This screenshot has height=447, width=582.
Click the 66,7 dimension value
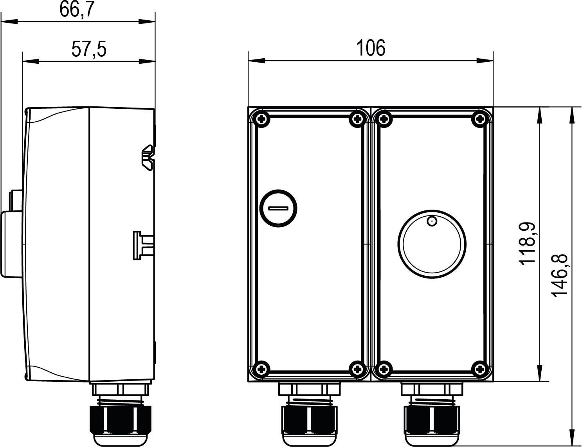(x=77, y=9)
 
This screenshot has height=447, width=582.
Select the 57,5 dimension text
(x=89, y=49)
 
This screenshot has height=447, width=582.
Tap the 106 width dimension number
(x=371, y=48)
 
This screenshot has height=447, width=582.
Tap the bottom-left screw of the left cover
(x=262, y=369)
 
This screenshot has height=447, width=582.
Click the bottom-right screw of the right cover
(x=481, y=369)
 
